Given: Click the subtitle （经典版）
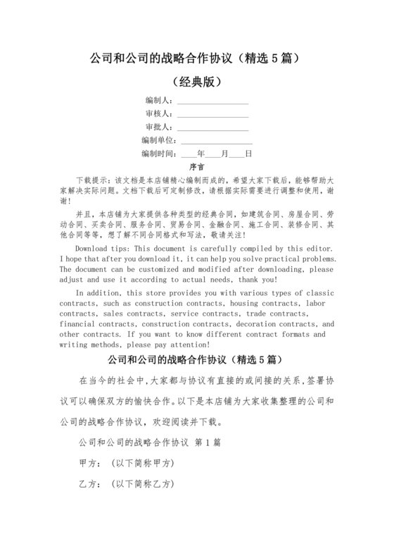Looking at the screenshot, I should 196,81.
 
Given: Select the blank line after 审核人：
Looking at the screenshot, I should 212,114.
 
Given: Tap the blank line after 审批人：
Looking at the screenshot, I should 212,128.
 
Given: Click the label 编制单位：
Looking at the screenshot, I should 155,140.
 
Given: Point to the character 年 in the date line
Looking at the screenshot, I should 201,153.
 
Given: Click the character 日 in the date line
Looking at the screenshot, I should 248,153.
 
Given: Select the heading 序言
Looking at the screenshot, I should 196,167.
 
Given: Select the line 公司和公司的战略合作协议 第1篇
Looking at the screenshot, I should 148,444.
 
